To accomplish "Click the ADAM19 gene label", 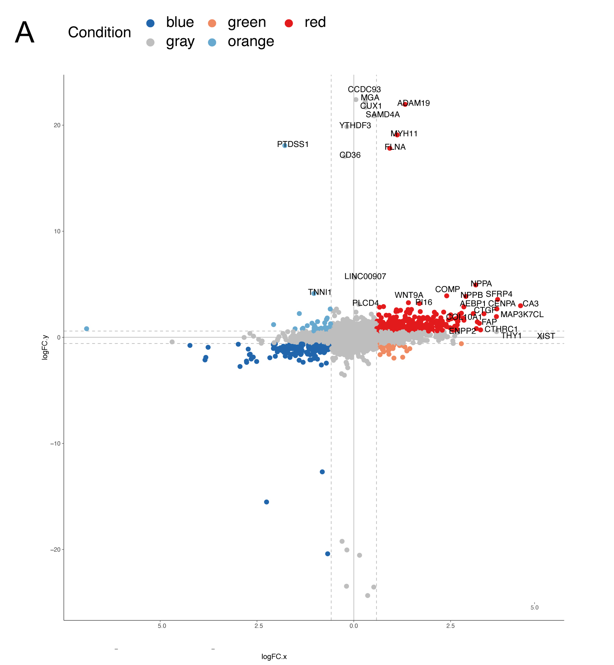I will pos(414,103).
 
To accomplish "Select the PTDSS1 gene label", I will pos(293,145).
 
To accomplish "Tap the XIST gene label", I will pos(546,336).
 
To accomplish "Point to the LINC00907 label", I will pos(365,277).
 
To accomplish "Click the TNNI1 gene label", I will pos(320,292).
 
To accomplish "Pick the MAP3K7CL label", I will pos(522,314).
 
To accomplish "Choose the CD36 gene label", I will pos(350,155).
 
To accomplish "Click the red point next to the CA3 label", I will pos(520,306).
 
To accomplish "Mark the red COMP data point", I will pos(447,296).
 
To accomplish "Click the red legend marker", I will pos(289,23).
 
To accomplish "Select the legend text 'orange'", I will pos(251,41).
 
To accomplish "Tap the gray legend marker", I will pos(150,43).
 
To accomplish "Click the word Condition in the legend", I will pos(99,32).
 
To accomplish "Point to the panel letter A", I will pos(24,33).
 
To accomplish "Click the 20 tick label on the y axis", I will pos(57,125).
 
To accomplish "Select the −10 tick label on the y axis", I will pos(55,444).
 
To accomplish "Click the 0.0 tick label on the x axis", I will pos(354,626).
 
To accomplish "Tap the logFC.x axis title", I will pos(274,657).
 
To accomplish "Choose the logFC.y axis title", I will pos(45,347).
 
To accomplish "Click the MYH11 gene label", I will pos(404,134).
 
